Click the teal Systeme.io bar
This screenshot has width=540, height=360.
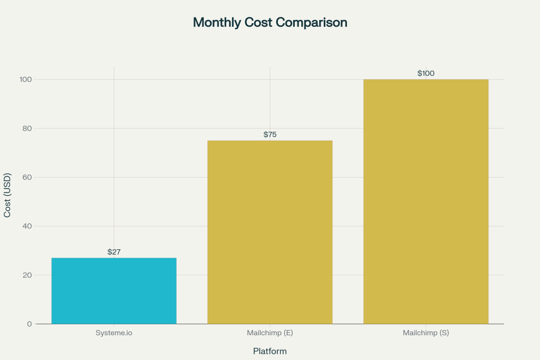[x=114, y=290]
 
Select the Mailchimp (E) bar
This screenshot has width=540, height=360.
[x=270, y=232]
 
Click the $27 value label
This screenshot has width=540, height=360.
[x=114, y=252]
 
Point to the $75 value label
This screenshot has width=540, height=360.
[x=270, y=134]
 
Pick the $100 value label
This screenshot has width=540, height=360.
[x=426, y=73]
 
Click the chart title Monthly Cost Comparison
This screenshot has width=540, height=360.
[x=270, y=23]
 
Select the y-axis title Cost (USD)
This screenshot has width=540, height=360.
[x=7, y=195]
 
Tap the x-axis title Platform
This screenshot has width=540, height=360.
[x=270, y=351]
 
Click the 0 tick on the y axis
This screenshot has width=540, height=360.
[x=30, y=324]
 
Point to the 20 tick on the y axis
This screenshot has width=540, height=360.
[x=27, y=275]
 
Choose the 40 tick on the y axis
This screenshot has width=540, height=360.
[x=27, y=226]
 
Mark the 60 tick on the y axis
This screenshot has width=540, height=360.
[x=27, y=177]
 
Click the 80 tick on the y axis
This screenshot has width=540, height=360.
[x=27, y=128]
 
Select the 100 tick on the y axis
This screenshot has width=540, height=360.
[x=26, y=79]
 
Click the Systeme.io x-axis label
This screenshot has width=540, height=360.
[x=114, y=333]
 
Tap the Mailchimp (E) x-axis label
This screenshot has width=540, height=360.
[x=270, y=333]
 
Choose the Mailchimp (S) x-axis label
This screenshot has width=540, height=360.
[x=426, y=333]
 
